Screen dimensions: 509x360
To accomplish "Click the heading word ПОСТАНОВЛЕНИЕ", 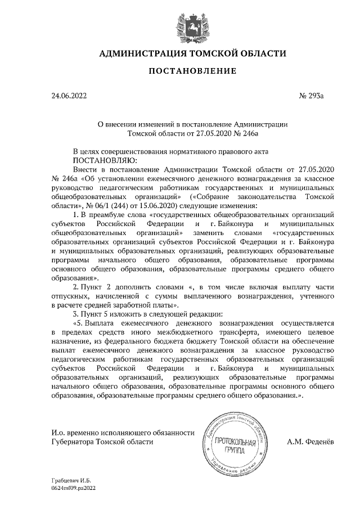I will click(x=180, y=71).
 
